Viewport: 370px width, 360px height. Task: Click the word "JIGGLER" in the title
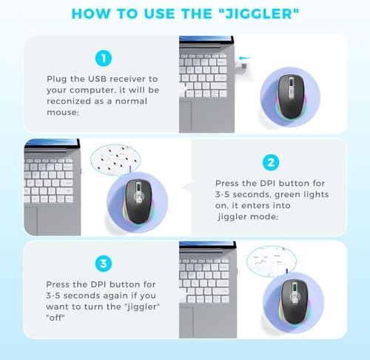click(259, 13)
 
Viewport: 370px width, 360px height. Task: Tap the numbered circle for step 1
click(104, 59)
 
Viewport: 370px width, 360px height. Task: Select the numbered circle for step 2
click(271, 163)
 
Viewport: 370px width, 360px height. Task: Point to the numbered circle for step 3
click(104, 264)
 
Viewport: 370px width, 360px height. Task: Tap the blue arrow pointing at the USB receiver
click(244, 59)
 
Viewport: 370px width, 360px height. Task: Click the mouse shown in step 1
click(291, 97)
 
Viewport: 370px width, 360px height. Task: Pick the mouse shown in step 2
click(138, 201)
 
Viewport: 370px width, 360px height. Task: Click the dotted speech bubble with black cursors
click(115, 160)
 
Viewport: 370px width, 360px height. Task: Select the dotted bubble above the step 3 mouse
click(272, 261)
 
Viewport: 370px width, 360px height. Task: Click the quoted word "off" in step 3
click(55, 318)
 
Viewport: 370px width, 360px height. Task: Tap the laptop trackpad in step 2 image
click(31, 221)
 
